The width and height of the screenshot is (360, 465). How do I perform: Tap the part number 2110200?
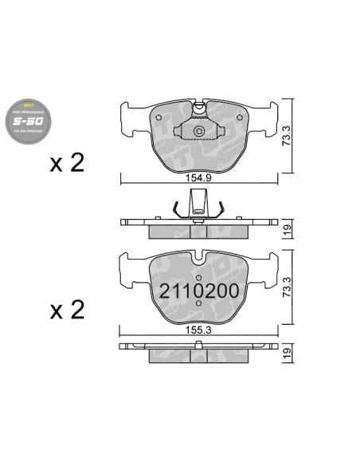198,291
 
